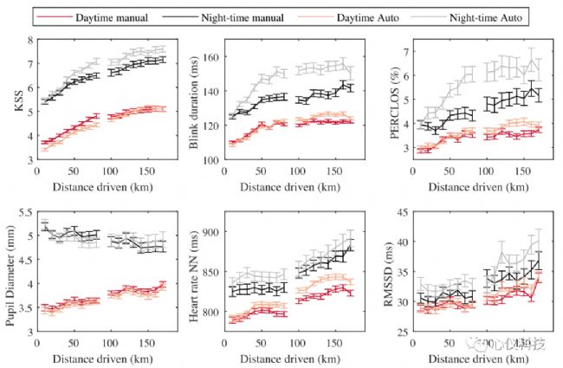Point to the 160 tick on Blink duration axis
pyautogui.click(x=210, y=56)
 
